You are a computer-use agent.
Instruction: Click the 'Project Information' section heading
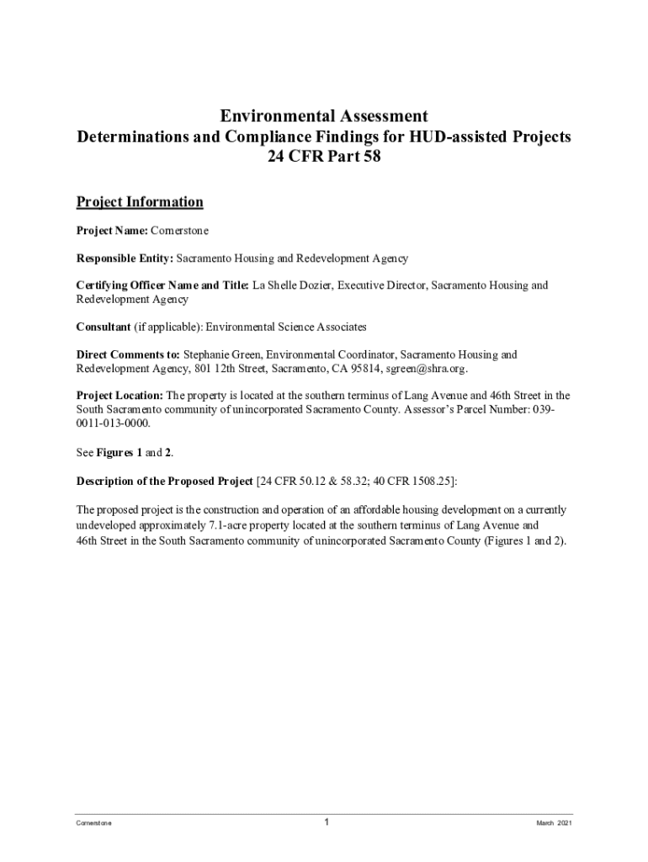140,202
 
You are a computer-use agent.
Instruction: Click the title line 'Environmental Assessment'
324,116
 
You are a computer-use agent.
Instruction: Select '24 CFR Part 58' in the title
324,157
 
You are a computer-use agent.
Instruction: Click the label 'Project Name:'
112,231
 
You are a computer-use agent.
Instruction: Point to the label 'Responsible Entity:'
125,258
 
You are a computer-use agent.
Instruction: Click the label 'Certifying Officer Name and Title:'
162,285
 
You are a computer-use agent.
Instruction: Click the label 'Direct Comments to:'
128,354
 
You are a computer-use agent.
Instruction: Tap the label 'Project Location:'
120,396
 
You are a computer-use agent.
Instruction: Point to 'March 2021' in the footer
554,823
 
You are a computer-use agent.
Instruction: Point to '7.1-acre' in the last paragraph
230,524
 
